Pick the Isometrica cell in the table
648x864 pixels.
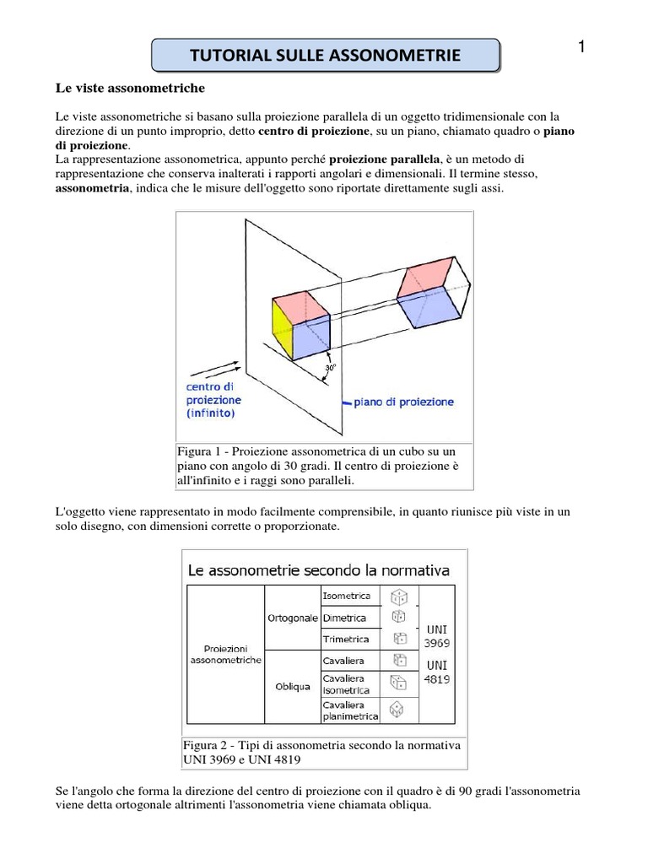click(x=346, y=596)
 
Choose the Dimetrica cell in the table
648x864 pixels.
click(x=344, y=618)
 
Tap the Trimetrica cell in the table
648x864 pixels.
click(x=346, y=638)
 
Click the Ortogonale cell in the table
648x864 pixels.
click(x=292, y=618)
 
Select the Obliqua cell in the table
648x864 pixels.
click(x=292, y=686)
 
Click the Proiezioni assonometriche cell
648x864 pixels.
click(x=225, y=652)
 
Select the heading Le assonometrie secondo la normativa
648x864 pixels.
click(x=318, y=570)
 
